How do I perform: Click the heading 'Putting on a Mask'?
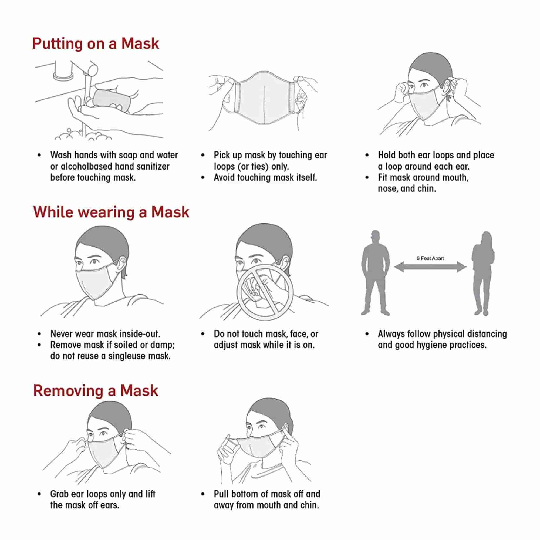pyautogui.click(x=96, y=44)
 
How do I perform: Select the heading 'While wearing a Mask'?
pyautogui.click(x=111, y=212)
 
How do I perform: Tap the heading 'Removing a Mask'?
pyautogui.click(x=96, y=391)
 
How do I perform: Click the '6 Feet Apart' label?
pyautogui.click(x=430, y=258)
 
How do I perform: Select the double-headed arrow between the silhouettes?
pyautogui.click(x=430, y=267)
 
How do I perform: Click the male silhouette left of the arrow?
pyautogui.click(x=375, y=273)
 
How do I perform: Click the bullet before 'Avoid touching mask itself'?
pyautogui.click(x=203, y=177)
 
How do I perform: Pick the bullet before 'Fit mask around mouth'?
pyautogui.click(x=367, y=177)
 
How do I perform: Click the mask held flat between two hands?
pyautogui.click(x=264, y=97)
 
